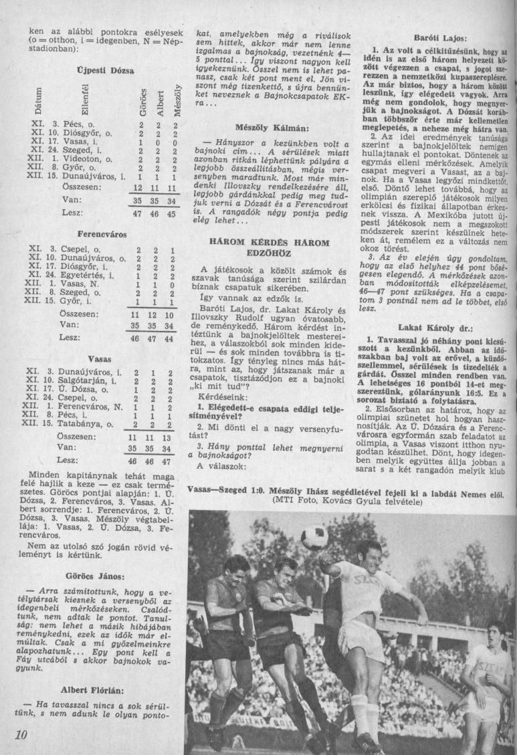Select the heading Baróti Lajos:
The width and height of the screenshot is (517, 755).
pyautogui.click(x=439, y=39)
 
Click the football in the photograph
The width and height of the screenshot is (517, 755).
pyautogui.click(x=314, y=537)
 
